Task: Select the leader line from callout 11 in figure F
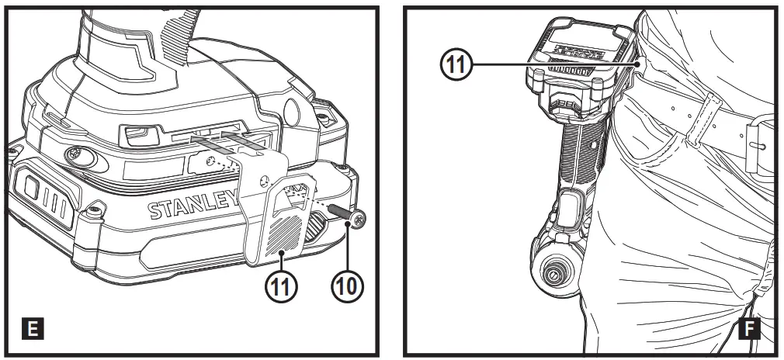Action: click(543, 65)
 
